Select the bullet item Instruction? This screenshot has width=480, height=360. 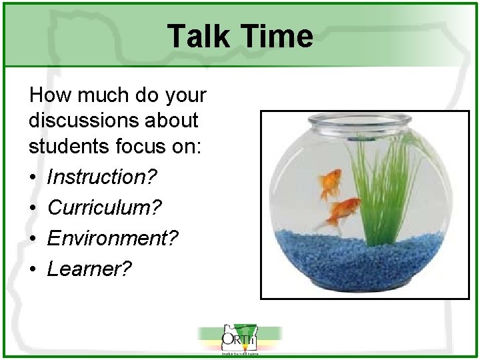coord(102,177)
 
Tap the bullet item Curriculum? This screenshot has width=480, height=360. coord(105,207)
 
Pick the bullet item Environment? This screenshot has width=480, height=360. coord(113,238)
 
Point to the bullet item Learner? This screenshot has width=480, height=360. coord(90,269)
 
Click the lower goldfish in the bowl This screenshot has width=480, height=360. coord(341,211)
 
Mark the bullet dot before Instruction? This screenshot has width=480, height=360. coord(33,178)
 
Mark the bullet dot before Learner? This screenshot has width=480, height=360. coord(33,269)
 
